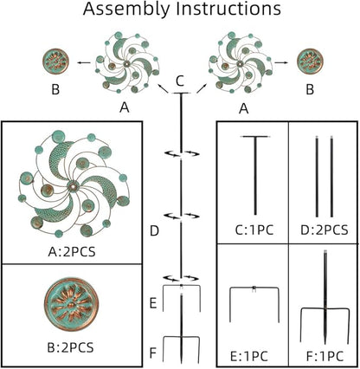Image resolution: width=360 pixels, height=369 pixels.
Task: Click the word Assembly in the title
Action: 127,10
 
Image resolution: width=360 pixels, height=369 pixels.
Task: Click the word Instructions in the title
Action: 228,9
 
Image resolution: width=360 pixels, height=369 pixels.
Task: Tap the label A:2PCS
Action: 72,252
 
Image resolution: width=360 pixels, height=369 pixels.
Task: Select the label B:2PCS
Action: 70,347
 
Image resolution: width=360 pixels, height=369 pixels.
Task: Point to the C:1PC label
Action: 254,230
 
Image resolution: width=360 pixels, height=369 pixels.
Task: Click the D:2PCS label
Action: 325,230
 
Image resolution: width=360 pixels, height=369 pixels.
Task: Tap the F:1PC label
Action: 325,356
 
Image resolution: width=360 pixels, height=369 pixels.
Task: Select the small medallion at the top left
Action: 55,61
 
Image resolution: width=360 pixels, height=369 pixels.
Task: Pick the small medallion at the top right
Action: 310,61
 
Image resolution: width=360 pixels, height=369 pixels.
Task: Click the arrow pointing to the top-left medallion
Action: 84,62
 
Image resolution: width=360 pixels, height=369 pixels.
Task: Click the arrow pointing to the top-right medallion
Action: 281,62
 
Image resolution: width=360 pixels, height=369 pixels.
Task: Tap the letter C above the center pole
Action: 180,81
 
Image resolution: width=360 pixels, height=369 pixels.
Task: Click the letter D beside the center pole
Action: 155,231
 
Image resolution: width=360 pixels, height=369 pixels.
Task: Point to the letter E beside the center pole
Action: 153,304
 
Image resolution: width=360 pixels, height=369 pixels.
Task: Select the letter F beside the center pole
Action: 153,353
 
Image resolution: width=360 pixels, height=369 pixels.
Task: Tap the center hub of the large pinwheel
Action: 72,185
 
